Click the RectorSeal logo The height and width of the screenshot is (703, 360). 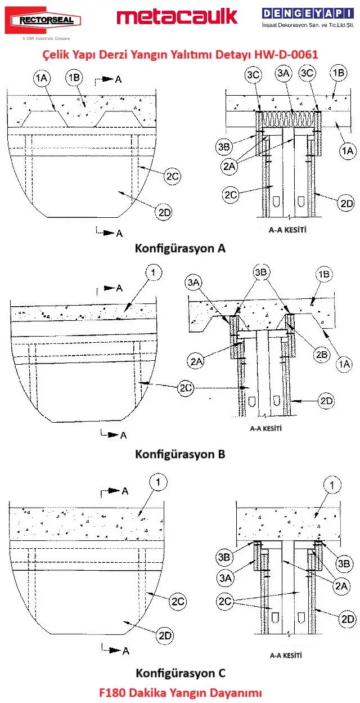pyautogui.click(x=43, y=21)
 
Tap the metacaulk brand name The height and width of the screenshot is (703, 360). pyautogui.click(x=177, y=17)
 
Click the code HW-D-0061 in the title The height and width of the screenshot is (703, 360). pyautogui.click(x=285, y=55)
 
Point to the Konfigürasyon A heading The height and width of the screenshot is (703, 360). pyautogui.click(x=180, y=248)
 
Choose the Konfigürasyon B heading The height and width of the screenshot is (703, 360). pyautogui.click(x=180, y=454)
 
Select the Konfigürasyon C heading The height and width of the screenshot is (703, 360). pyautogui.click(x=180, y=673)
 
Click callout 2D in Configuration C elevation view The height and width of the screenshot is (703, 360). pyautogui.click(x=165, y=635)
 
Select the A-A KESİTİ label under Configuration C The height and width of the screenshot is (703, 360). pyautogui.click(x=286, y=655)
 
